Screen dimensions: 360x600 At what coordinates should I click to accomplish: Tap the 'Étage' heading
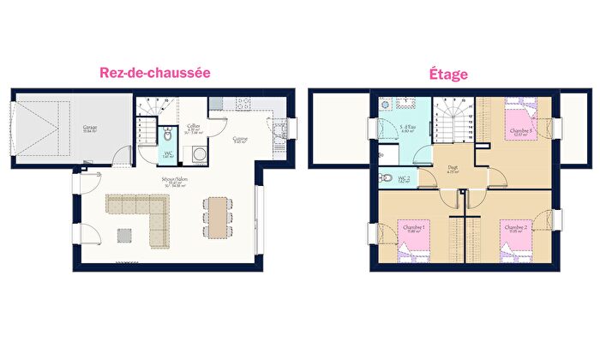point(448,75)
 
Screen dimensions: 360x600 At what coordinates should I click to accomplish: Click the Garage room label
point(90,129)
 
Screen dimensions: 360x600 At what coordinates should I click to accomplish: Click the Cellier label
point(195,128)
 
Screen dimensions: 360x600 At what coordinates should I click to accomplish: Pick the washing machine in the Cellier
point(199,154)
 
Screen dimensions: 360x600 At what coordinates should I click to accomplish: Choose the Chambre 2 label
point(516,228)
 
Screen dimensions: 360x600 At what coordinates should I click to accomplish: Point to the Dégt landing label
point(453,170)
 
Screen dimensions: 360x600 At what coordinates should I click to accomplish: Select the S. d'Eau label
point(408,129)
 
